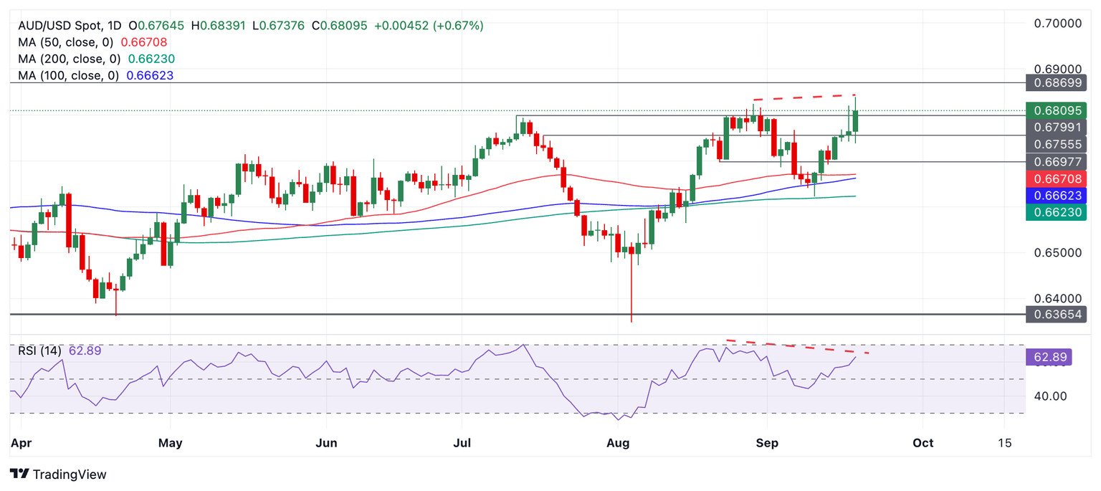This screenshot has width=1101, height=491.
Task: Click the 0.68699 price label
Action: coord(1057,83)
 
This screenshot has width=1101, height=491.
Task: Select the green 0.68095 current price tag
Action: coord(1057,110)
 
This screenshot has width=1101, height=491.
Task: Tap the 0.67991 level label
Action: coord(1057,127)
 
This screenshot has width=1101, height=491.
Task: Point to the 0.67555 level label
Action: coord(1057,143)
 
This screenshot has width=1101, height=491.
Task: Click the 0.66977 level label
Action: coord(1057,161)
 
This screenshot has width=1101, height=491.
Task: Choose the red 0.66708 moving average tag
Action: coord(1057,178)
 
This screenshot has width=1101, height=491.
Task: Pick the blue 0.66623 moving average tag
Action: coord(1057,194)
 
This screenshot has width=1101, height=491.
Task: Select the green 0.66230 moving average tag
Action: coord(1057,211)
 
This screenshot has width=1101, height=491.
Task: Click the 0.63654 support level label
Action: coord(1057,314)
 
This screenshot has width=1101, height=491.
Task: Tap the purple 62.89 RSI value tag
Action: coord(1048,357)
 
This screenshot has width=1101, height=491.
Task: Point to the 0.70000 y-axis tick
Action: coord(1057,23)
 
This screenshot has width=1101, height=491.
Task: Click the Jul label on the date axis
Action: coord(462,443)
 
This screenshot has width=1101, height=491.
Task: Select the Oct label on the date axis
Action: coord(923,443)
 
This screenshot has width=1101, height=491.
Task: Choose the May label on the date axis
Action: coord(170,443)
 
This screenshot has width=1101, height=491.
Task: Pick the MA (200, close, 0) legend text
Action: coord(70,59)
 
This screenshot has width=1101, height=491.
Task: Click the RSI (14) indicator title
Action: coord(40,351)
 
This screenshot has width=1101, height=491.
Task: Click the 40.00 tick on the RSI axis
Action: coord(1049,396)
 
